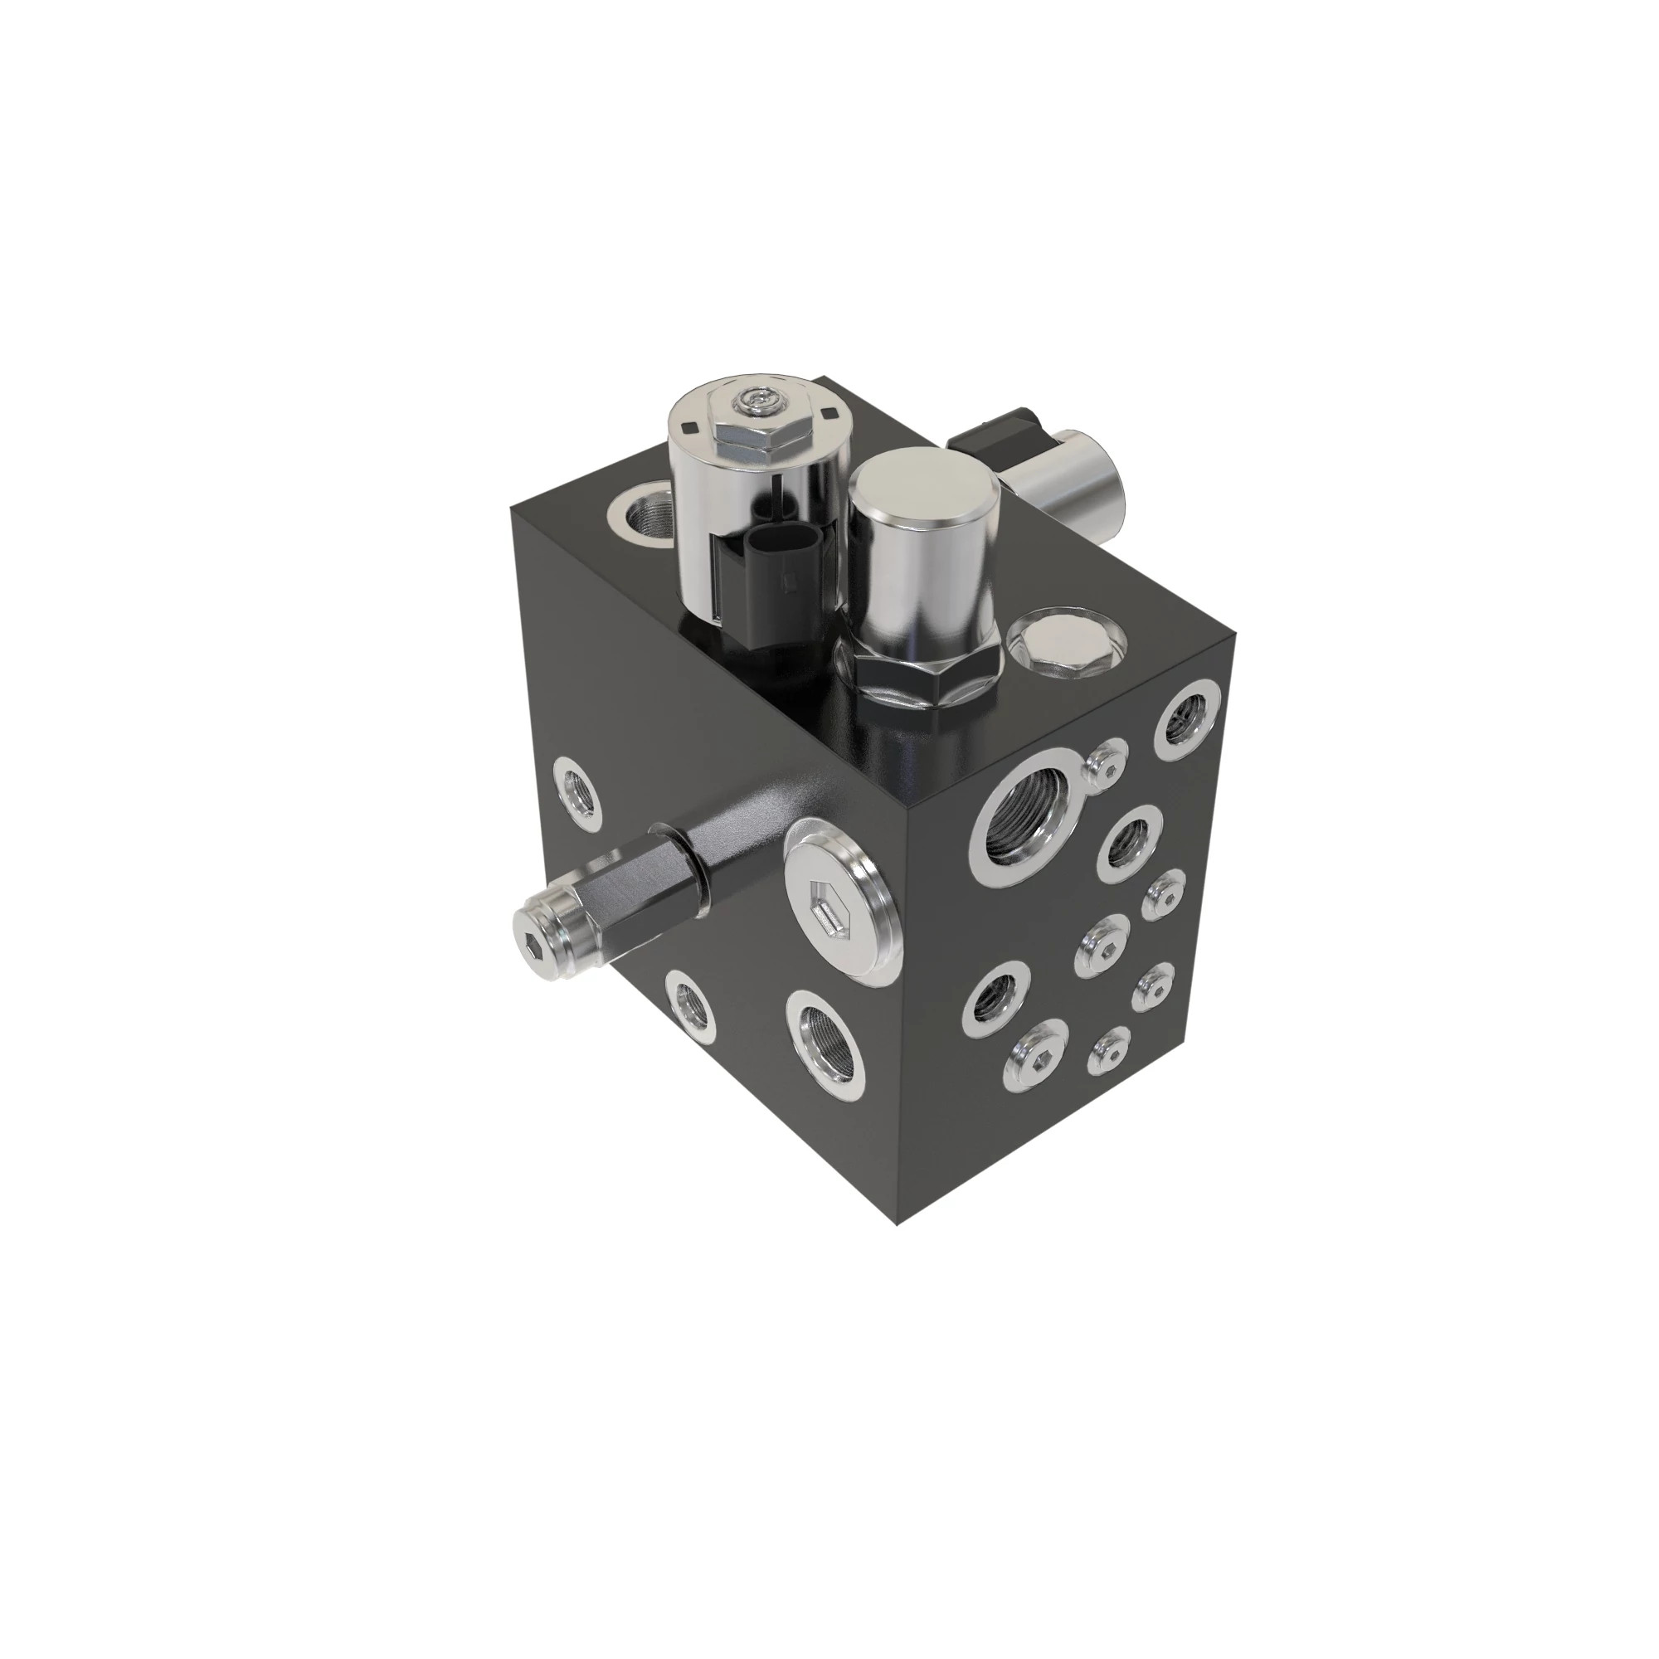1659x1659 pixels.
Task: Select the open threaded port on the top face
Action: click(642, 516)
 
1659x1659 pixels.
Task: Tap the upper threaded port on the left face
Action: click(577, 795)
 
